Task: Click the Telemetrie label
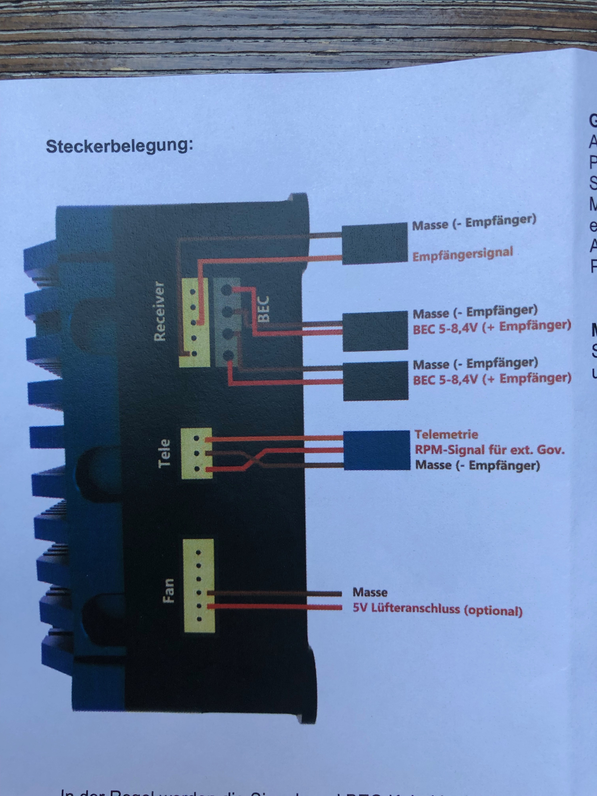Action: (x=446, y=434)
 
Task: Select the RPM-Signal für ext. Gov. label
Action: (x=489, y=450)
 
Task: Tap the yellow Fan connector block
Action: (x=198, y=585)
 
